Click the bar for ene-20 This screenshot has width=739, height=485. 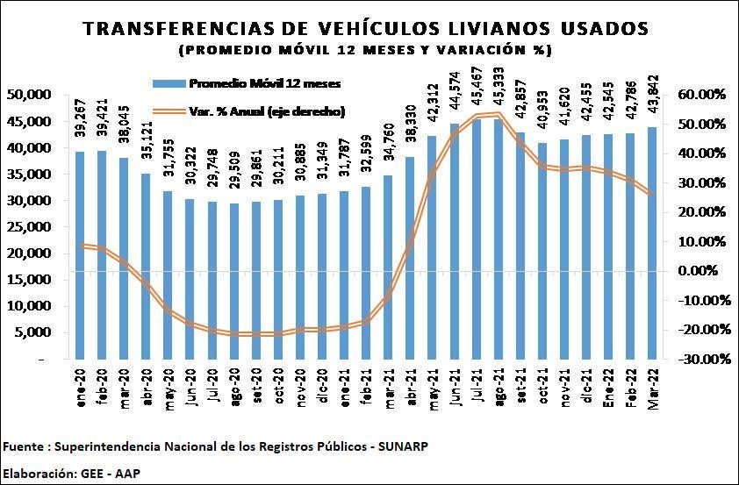coord(80,255)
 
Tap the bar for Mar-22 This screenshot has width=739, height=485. coord(652,243)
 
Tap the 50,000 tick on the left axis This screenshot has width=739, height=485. coord(29,95)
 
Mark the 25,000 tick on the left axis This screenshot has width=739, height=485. coord(29,227)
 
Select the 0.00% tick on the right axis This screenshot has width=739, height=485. coord(700,271)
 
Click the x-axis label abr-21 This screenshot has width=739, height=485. coord(409,383)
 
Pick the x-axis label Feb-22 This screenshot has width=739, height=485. coord(630,384)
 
